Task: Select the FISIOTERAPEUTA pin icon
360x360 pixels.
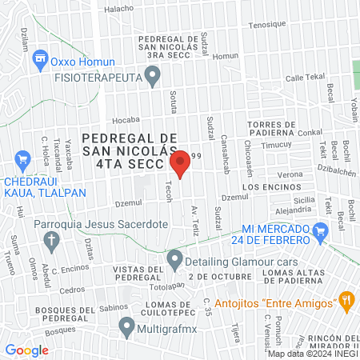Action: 156,77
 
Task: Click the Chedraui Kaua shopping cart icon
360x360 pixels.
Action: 22,161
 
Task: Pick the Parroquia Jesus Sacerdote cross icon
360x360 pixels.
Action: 51,239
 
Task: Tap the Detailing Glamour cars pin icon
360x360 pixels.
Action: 174,260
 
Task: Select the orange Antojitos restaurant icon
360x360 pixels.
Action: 346,302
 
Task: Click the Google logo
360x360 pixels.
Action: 26,350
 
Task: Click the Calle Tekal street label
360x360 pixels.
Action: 303,78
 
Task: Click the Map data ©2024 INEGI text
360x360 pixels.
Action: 313,354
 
